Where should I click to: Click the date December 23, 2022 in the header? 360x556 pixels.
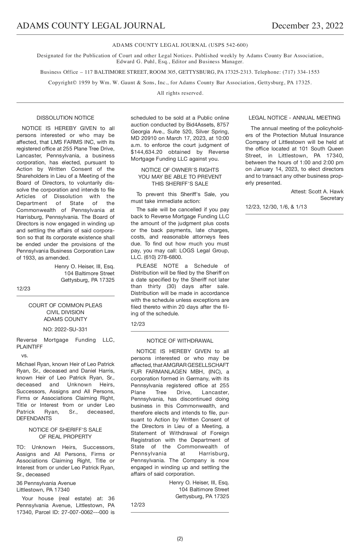pos(307,26)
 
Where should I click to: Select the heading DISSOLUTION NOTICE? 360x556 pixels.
pos(65,118)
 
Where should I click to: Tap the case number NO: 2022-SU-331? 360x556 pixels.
pos(65,329)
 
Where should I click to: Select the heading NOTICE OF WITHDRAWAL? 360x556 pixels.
pos(180,341)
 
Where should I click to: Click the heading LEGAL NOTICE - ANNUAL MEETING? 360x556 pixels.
pos(294,118)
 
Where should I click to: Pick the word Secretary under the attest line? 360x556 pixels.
pos(331,198)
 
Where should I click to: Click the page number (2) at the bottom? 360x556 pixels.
pos(180,539)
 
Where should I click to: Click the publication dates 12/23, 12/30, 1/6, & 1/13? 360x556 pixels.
pos(276,207)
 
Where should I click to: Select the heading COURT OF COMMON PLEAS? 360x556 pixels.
pos(65,305)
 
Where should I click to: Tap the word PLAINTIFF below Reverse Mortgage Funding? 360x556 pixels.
pos(29,347)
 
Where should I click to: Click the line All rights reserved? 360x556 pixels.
pos(180,93)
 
